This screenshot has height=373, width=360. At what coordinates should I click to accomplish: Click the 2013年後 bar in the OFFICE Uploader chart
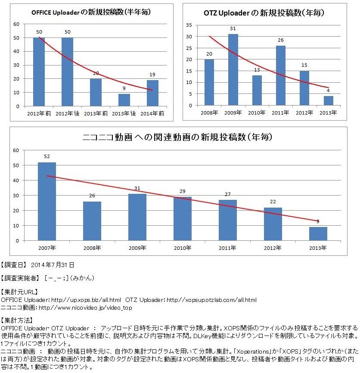click(124, 100)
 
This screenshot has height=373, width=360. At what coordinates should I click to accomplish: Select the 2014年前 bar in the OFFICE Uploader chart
click(152, 93)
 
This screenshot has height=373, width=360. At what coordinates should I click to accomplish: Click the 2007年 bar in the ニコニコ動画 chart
click(47, 201)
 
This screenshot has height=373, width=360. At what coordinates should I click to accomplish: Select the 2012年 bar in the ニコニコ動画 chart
click(273, 224)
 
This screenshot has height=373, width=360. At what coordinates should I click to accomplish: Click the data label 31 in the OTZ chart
click(233, 29)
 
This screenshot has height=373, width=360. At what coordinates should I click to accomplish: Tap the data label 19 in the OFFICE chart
click(152, 75)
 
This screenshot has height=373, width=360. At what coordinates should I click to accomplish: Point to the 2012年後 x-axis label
click(67, 113)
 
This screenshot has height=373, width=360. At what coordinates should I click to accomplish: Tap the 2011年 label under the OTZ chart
click(280, 112)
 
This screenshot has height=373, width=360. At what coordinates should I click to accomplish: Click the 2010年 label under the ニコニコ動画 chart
click(182, 248)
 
